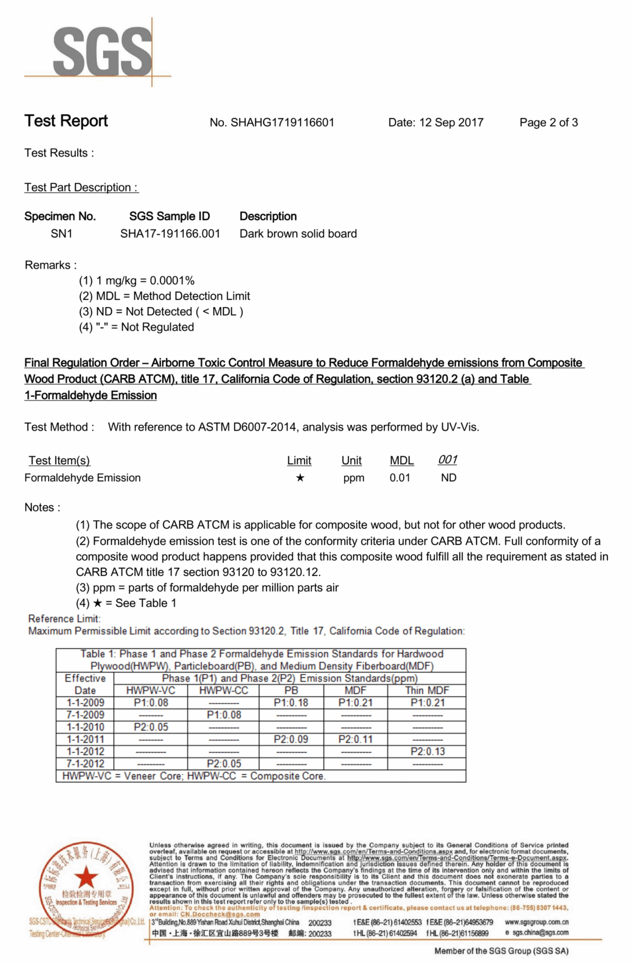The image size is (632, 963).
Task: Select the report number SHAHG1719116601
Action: pyautogui.click(x=282, y=123)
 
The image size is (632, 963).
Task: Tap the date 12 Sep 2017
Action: pyautogui.click(x=451, y=123)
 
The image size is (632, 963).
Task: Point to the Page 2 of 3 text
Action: pyautogui.click(x=548, y=123)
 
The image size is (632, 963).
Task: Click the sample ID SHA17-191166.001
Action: pyautogui.click(x=170, y=234)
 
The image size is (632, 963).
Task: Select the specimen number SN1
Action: pyautogui.click(x=61, y=234)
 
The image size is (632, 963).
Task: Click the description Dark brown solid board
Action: pyautogui.click(x=298, y=234)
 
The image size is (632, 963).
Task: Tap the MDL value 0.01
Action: pyautogui.click(x=399, y=478)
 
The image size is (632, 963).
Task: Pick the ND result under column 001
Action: pyautogui.click(x=448, y=478)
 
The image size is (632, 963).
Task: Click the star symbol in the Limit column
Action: pyautogui.click(x=300, y=478)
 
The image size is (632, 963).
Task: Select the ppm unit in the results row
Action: pyautogui.click(x=354, y=478)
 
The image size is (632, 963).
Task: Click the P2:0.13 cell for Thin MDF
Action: pyautogui.click(x=427, y=751)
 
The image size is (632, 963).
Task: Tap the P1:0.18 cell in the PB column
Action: pyautogui.click(x=291, y=703)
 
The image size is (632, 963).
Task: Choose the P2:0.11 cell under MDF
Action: pyautogui.click(x=355, y=739)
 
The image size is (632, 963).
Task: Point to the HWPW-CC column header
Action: pyautogui.click(x=223, y=690)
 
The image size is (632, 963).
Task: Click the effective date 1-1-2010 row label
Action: pyautogui.click(x=86, y=727)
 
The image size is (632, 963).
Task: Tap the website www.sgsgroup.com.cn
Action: pyautogui.click(x=536, y=922)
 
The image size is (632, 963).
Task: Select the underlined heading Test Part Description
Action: pyautogui.click(x=81, y=187)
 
